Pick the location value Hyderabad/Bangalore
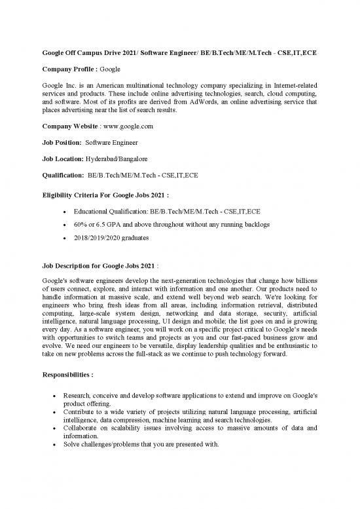117,159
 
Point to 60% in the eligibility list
81,225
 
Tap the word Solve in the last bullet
72,443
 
